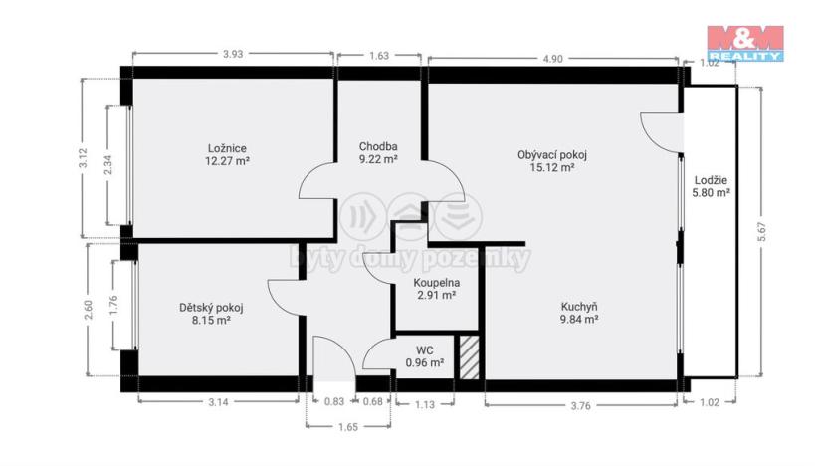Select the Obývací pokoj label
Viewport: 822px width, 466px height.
[x=552, y=154]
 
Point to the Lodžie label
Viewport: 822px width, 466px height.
[x=712, y=180]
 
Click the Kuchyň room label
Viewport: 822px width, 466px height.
[x=578, y=307]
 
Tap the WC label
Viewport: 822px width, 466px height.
[x=424, y=349]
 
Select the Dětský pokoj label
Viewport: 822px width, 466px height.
[x=211, y=308]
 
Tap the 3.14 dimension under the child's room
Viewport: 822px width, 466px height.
[x=217, y=402]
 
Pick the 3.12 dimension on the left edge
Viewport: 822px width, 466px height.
[x=84, y=157]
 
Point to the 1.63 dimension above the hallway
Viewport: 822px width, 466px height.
[x=379, y=56]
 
